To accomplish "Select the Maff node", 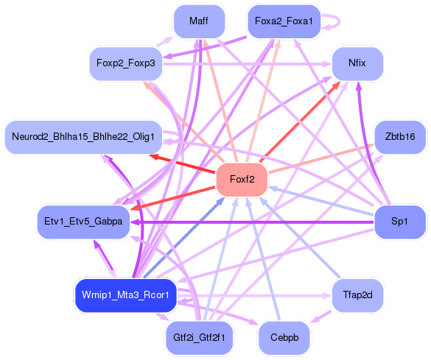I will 198,21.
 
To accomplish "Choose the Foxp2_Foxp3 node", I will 125,64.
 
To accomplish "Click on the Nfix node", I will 357,64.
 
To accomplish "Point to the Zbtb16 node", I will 400,137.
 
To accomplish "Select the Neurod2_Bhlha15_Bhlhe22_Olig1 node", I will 83,137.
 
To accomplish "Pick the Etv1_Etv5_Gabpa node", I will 83,222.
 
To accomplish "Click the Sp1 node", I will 400,222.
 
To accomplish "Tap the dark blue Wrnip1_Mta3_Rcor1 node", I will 125,295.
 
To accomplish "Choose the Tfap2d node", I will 357,295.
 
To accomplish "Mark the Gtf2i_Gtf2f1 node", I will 198,338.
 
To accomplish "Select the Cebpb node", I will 283,338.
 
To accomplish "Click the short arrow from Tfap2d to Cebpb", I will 322,317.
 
